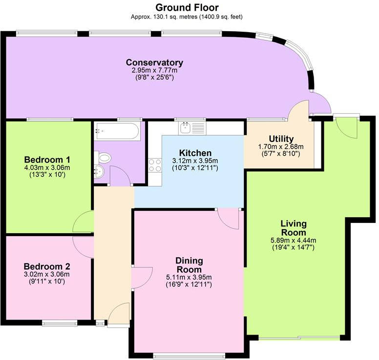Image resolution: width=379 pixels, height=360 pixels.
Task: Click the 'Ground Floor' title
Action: [x=187, y=7]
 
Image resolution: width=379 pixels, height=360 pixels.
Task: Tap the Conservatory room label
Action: [x=154, y=62]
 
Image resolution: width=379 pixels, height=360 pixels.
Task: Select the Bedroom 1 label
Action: [x=47, y=160]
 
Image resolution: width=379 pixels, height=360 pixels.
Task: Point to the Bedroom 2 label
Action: [x=47, y=266]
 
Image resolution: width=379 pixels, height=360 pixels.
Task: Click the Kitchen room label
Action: [x=195, y=153]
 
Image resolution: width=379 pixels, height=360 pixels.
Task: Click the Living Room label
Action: [x=293, y=227]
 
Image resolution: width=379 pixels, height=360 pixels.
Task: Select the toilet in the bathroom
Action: [x=104, y=158]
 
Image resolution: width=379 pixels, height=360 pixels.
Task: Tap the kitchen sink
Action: [x=186, y=127]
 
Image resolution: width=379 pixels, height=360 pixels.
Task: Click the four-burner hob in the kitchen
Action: [x=155, y=165]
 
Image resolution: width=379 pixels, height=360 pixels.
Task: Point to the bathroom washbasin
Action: [x=99, y=172]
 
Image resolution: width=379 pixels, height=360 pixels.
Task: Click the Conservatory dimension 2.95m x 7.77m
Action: [x=154, y=71]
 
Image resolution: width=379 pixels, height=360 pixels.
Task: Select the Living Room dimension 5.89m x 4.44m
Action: [x=293, y=240]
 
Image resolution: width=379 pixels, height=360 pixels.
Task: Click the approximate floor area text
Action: [x=187, y=17]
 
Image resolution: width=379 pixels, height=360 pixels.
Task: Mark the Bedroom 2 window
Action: [x=59, y=323]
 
